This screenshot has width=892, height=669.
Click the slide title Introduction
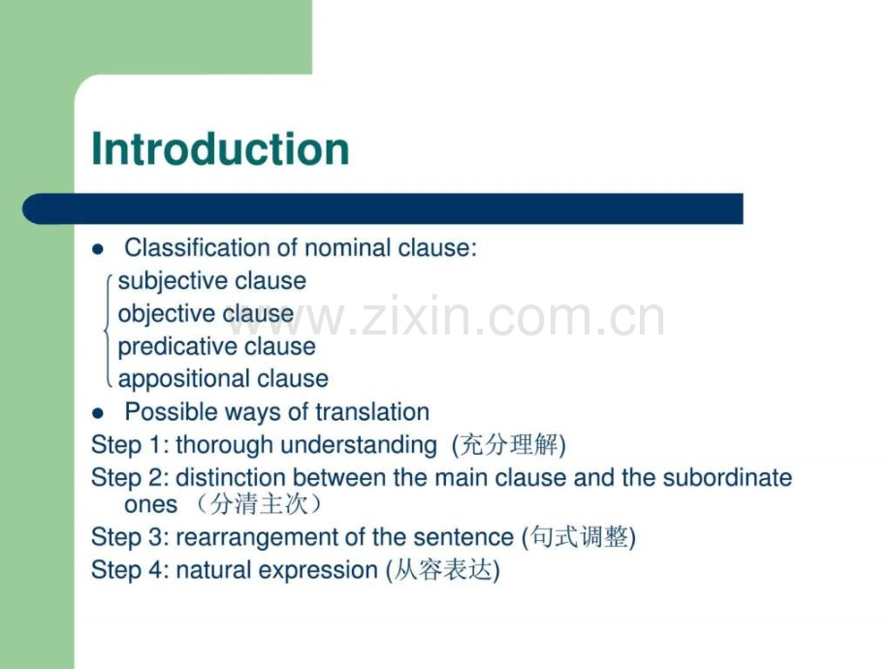[220, 150]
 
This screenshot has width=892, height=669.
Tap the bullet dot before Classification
[97, 249]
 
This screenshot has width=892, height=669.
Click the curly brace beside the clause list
[107, 331]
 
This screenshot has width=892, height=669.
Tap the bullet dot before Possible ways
[97, 412]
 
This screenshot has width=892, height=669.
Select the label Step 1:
[130, 445]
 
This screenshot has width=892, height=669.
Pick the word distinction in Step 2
[231, 478]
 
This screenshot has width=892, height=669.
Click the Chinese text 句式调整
[578, 538]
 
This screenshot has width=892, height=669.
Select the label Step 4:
[130, 570]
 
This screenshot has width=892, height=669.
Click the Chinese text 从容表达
[442, 571]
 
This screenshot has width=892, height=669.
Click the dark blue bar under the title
[388, 208]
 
